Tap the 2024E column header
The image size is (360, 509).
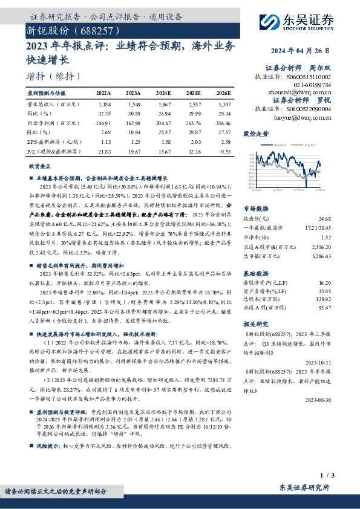click(x=164, y=93)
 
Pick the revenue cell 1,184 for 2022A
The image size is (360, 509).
click(x=105, y=105)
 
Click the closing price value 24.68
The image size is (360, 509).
click(x=324, y=218)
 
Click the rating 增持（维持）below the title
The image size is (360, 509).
click(x=54, y=76)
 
